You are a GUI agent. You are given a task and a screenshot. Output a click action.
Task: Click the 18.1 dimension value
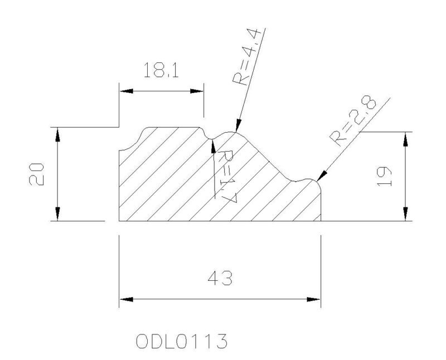[x=161, y=70]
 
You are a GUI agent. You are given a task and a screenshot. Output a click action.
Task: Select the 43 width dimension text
[x=220, y=278]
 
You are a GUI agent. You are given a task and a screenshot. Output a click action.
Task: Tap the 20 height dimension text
[x=37, y=174]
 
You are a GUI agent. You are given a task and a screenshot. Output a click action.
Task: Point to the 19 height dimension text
[x=384, y=177]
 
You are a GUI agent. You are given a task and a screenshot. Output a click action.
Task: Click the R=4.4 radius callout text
[x=246, y=57]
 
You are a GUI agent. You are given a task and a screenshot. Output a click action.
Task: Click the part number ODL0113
[x=182, y=341]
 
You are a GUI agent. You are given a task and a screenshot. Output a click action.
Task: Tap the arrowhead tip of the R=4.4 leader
[x=236, y=132]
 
